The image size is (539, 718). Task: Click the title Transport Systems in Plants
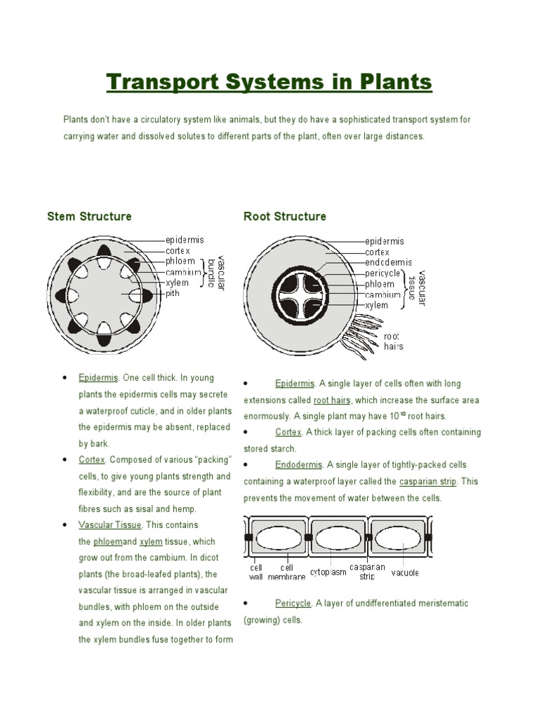coord(269,83)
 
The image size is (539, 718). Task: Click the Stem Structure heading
coord(89,216)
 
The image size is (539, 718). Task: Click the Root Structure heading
coord(285,216)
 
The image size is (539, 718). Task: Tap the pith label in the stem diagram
coord(173,294)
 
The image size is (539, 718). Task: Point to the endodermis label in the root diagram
coord(389,262)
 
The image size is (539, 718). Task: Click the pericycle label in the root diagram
coord(382,273)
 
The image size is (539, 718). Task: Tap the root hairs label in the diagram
coord(394,341)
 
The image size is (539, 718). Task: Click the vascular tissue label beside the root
coord(417,287)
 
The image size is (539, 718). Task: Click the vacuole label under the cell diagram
coord(406,572)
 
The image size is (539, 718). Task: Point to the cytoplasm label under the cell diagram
coord(328,572)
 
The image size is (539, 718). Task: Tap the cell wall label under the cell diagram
coord(255,572)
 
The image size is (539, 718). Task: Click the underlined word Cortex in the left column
coord(92,460)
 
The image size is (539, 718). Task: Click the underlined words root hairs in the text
coord(332,400)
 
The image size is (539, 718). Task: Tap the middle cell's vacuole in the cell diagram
coord(338,538)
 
